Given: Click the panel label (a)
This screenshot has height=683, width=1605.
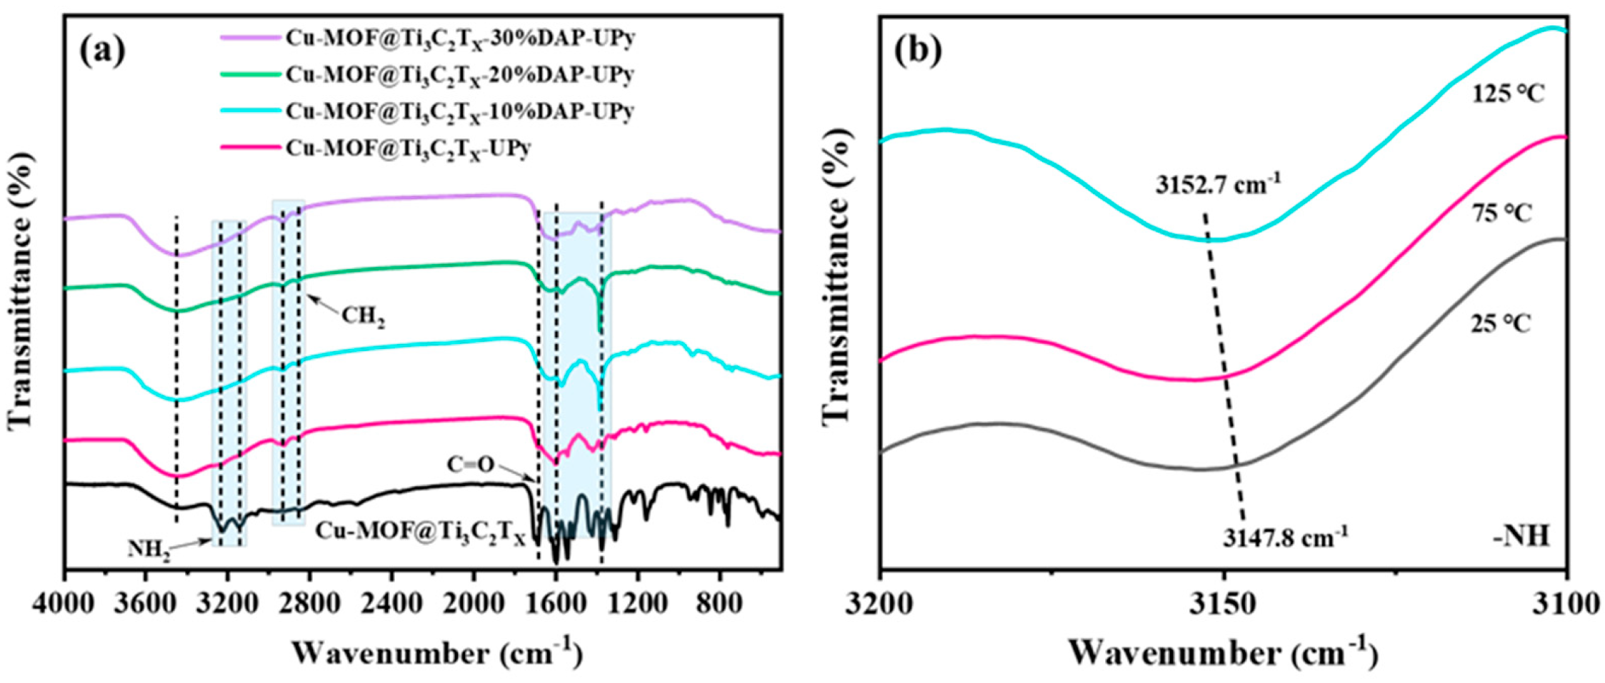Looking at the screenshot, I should (x=103, y=51).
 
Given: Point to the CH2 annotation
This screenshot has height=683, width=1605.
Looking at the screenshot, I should (x=363, y=315).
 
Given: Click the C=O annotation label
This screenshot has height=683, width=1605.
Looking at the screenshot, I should (x=470, y=465).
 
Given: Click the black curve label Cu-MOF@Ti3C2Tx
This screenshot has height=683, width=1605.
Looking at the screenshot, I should (x=420, y=532).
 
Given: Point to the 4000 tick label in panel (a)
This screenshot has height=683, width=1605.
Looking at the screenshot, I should (x=64, y=604).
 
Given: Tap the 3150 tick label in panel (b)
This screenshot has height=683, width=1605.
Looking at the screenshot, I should (x=1224, y=604).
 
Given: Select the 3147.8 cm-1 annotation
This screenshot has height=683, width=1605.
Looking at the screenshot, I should (x=1285, y=537).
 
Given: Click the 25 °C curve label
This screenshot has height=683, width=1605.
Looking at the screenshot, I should (x=1501, y=325).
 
